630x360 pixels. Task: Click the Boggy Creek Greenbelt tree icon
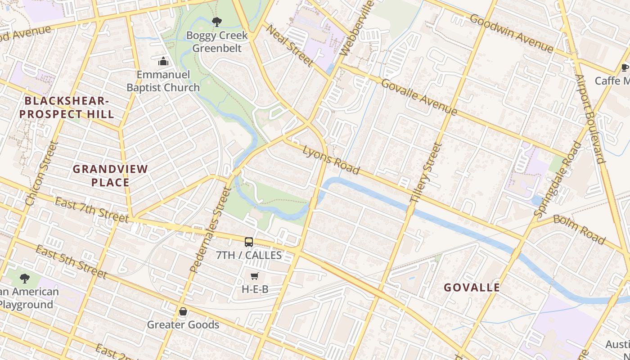217,22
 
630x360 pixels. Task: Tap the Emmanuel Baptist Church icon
163,61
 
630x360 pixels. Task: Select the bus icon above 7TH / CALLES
249,242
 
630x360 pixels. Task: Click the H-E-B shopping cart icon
255,276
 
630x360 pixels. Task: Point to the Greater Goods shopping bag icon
183,311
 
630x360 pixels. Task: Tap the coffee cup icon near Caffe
625,68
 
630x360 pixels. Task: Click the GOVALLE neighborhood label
472,288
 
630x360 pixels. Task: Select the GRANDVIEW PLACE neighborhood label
110,175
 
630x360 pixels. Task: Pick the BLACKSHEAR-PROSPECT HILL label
67,107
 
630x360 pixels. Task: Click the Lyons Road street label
331,160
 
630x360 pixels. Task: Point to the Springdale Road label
557,178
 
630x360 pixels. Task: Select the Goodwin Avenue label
512,33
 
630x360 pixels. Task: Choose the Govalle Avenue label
419,97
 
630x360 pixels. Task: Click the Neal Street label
289,45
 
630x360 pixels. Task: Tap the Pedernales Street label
211,229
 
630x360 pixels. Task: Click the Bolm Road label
579,229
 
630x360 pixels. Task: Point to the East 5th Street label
71,262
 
